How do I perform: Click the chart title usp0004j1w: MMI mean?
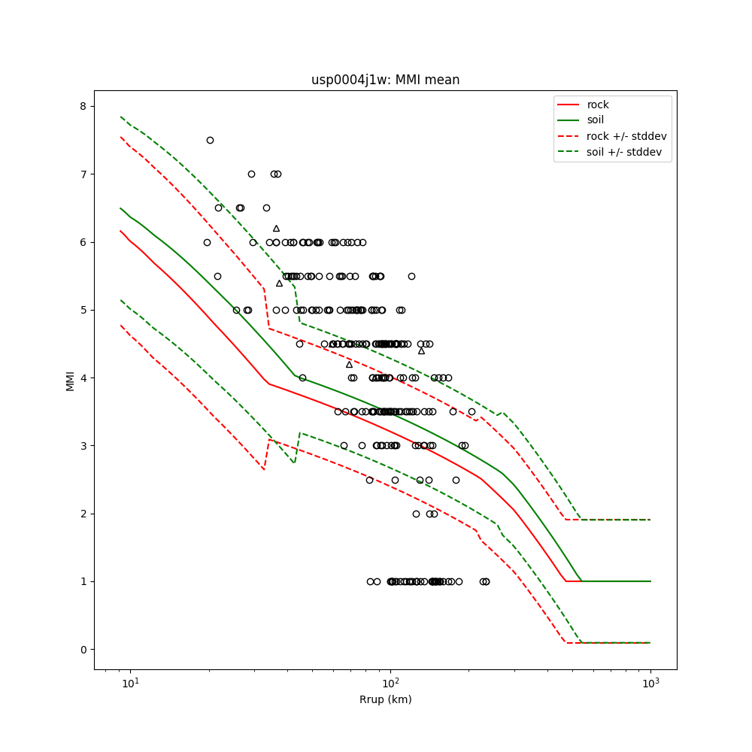pyautogui.click(x=385, y=80)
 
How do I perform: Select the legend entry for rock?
pyautogui.click(x=598, y=105)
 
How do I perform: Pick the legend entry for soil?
pyautogui.click(x=596, y=120)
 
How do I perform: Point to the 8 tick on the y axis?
pyautogui.click(x=83, y=106)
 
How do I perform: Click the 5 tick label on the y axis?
pyautogui.click(x=83, y=310)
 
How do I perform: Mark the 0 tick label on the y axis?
pyautogui.click(x=83, y=650)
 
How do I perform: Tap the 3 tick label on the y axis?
pyautogui.click(x=83, y=446)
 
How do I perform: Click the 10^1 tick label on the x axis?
pyautogui.click(x=130, y=685)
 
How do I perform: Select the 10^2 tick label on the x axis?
pyautogui.click(x=390, y=685)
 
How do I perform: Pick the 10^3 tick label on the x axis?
pyautogui.click(x=650, y=685)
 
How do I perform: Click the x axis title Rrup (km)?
pyautogui.click(x=385, y=699)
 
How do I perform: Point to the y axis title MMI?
pyautogui.click(x=70, y=381)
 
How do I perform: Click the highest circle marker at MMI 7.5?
pyautogui.click(x=210, y=140)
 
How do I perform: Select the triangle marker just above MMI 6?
pyautogui.click(x=276, y=228)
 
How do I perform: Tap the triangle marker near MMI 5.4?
pyautogui.click(x=279, y=283)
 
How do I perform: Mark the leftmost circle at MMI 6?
pyautogui.click(x=207, y=242)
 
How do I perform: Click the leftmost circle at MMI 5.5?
pyautogui.click(x=217, y=276)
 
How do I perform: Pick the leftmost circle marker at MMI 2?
pyautogui.click(x=416, y=514)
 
